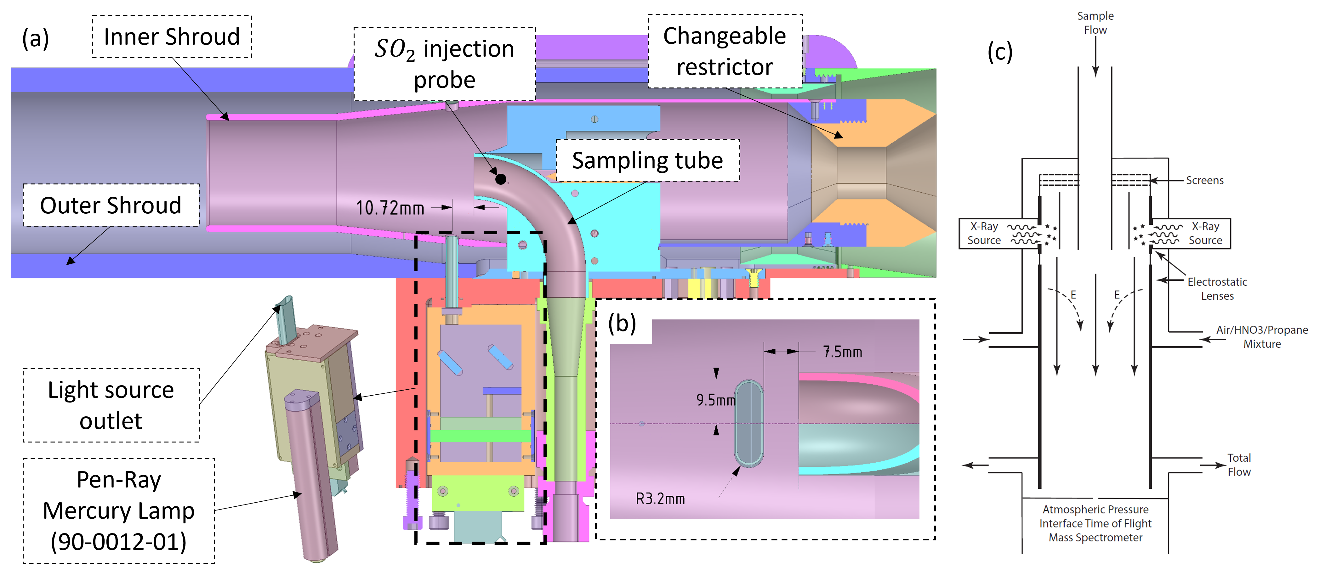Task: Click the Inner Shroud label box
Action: point(172,37)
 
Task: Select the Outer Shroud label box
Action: point(111,205)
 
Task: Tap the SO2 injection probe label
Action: point(444,64)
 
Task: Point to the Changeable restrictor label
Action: point(725,51)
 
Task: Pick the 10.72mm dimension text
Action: point(390,208)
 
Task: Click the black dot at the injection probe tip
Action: point(501,179)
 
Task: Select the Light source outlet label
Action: point(111,405)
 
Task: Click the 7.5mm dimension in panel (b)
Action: point(842,352)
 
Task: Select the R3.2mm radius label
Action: point(660,498)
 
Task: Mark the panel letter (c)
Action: point(1000,52)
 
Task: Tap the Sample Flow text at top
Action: point(1095,23)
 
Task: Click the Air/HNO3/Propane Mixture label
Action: point(1261,337)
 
